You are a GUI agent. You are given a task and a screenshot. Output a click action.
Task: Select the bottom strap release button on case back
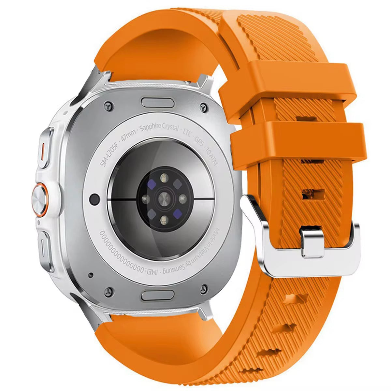157,296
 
